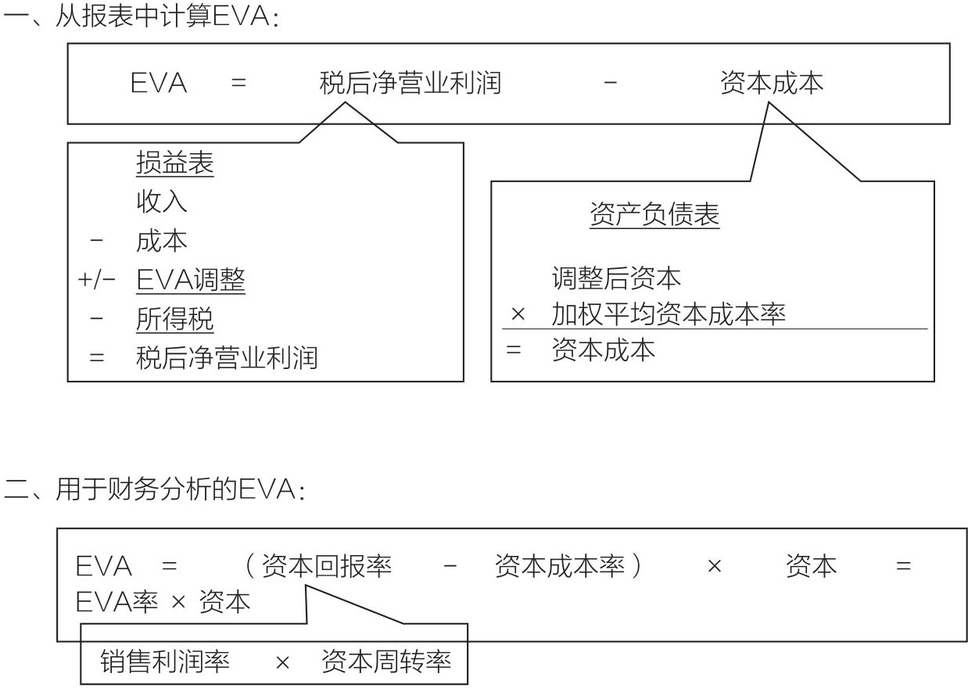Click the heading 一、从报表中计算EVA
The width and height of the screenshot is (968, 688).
pyautogui.click(x=141, y=16)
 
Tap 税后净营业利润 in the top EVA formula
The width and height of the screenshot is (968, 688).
pyautogui.click(x=410, y=83)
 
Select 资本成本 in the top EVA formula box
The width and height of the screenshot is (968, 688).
pyautogui.click(x=772, y=83)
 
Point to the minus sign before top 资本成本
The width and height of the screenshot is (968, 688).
pyautogui.click(x=610, y=82)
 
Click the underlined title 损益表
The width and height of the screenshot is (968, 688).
pyautogui.click(x=175, y=163)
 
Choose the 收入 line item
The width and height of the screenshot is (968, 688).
pyautogui.click(x=162, y=202)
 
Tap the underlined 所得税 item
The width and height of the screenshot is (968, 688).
pyautogui.click(x=175, y=319)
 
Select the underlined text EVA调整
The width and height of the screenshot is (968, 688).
pyautogui.click(x=191, y=280)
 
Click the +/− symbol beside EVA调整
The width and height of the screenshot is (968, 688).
pyautogui.click(x=96, y=280)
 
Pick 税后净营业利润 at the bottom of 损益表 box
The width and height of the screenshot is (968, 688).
pyautogui.click(x=227, y=358)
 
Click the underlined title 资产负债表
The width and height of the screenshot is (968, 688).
pyautogui.click(x=654, y=214)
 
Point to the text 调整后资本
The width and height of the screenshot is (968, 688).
pyautogui.click(x=616, y=278)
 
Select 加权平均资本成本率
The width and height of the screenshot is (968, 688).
pyautogui.click(x=669, y=314)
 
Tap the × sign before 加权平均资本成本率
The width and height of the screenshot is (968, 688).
pyautogui.click(x=518, y=314)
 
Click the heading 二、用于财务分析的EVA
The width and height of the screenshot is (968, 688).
pyautogui.click(x=154, y=489)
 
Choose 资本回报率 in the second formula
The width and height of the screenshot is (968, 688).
pyautogui.click(x=327, y=566)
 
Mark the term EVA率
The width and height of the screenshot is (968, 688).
pyautogui.click(x=117, y=601)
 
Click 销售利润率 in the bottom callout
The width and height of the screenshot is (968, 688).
pyautogui.click(x=165, y=661)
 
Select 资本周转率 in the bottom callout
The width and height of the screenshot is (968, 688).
pyautogui.click(x=386, y=661)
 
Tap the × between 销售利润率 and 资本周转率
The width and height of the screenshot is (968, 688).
pyautogui.click(x=282, y=662)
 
